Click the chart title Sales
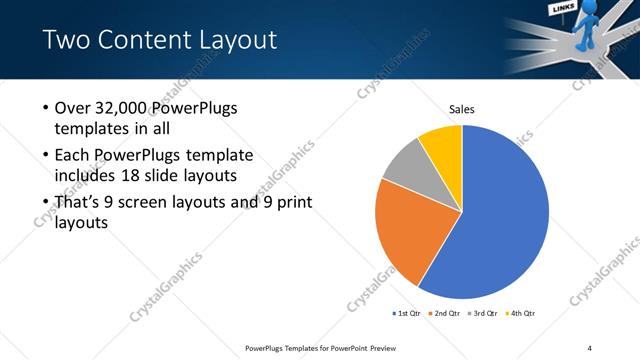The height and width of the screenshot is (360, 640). [x=461, y=109]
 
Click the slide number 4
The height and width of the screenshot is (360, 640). [x=589, y=347]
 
